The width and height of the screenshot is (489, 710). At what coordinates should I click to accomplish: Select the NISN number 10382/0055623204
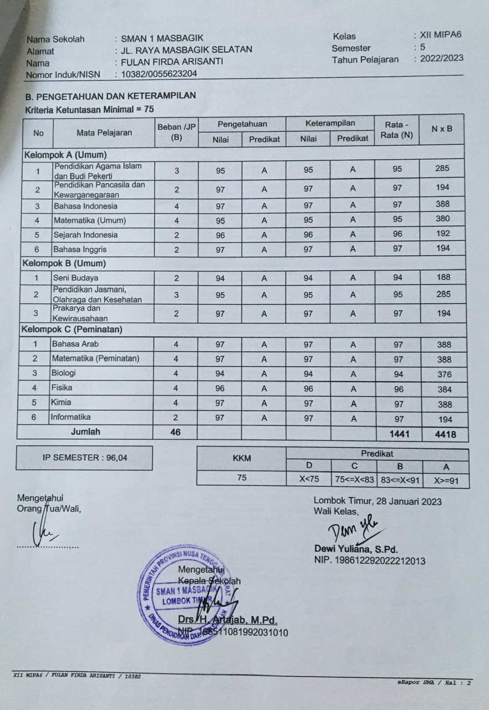pos(159,74)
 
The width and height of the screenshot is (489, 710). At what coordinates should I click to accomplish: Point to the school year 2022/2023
pos(441,58)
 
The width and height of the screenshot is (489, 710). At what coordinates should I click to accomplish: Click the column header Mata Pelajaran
pos(104,133)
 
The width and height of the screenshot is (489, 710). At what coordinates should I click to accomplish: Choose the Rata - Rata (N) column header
pos(396,130)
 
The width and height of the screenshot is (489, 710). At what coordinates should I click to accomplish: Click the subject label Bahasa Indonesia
pos(85,206)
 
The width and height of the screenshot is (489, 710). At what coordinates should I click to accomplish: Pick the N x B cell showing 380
pos(442,219)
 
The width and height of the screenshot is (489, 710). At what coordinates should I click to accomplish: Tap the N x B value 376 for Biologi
pos(444,374)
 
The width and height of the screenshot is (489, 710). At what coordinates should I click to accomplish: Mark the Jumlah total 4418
pos(445,434)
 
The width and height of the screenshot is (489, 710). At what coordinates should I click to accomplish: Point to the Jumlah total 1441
pos(399,434)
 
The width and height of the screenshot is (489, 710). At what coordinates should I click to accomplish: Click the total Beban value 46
pos(176,432)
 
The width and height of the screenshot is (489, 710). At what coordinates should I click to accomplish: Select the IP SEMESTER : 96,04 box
pos(84,458)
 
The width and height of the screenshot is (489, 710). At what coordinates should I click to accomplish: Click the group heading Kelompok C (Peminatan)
pos(72,329)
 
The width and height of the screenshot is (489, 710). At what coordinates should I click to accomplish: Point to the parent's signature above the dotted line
pos(47,534)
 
